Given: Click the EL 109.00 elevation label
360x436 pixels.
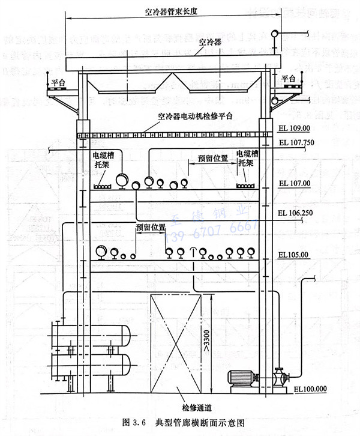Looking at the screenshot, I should (295, 128).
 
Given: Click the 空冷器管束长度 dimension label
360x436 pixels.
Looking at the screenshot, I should (171, 11).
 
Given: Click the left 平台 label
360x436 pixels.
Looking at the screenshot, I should (58, 83).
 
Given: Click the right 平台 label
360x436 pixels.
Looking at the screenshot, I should (289, 78).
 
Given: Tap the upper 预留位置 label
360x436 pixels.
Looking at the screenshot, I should (212, 159).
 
